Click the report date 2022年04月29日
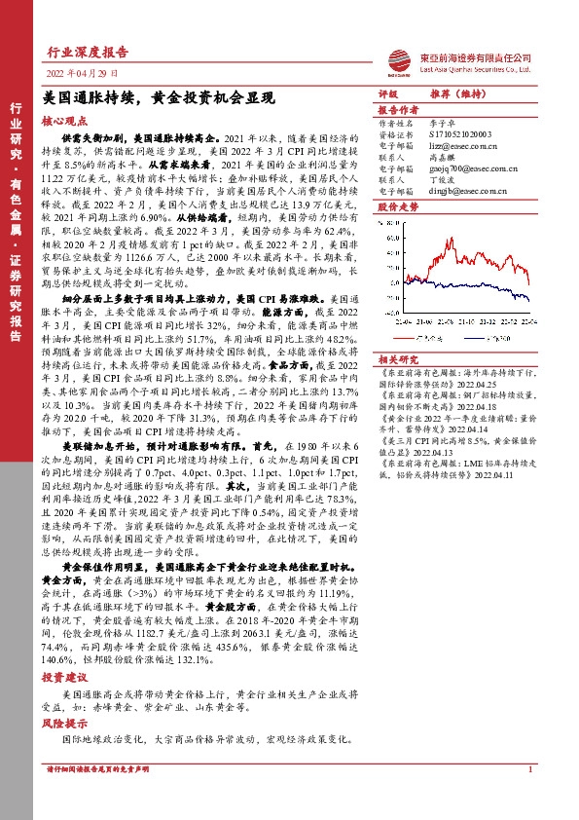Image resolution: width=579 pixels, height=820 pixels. pyautogui.click(x=82, y=73)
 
